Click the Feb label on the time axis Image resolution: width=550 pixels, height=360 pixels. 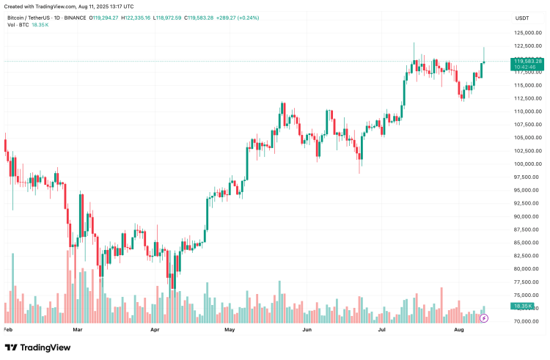(x=9, y=331)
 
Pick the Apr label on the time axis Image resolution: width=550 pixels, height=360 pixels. (x=155, y=331)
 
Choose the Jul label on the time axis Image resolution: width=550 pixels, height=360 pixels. (x=383, y=331)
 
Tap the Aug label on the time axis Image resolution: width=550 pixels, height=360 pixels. (x=459, y=331)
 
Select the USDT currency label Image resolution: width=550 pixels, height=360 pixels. (x=522, y=17)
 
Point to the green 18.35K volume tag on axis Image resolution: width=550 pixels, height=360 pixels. (x=523, y=306)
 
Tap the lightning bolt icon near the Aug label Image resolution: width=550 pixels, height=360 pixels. (x=485, y=319)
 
